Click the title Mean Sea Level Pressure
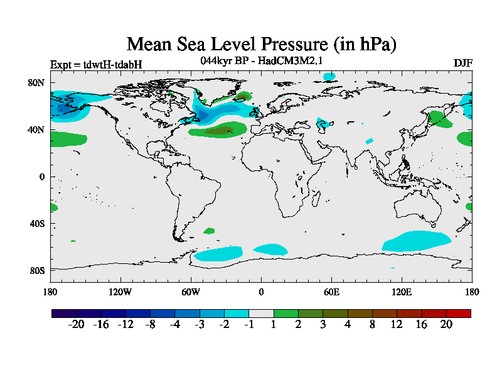click(262, 44)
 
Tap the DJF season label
click(462, 63)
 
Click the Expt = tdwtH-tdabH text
click(96, 64)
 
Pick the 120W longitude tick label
click(120, 292)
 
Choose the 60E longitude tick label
click(331, 292)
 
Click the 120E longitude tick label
click(402, 292)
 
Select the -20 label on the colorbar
click(76, 324)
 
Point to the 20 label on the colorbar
click(446, 324)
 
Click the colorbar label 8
click(371, 324)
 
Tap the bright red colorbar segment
click(458, 313)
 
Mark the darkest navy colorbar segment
click(63, 313)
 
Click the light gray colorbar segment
click(260, 313)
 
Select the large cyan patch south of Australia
click(417, 241)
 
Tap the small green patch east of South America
click(208, 231)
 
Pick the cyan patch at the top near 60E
click(329, 77)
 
